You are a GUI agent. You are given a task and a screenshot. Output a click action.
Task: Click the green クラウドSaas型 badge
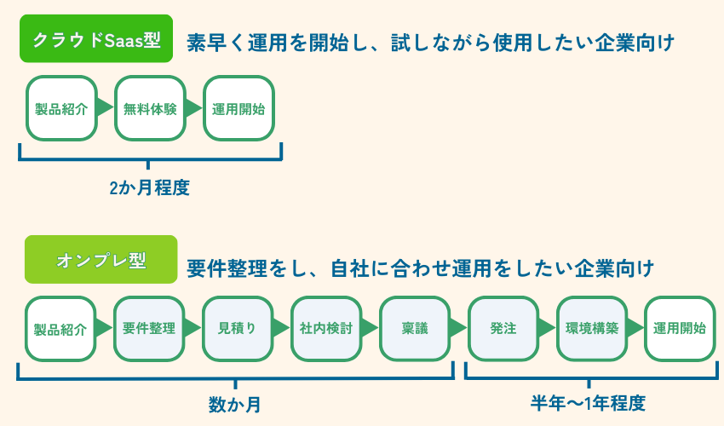click(96, 40)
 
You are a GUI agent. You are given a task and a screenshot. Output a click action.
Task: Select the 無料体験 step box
click(150, 108)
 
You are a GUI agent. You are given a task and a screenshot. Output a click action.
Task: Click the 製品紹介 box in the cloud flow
click(61, 108)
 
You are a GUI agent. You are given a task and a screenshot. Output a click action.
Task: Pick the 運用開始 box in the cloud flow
click(238, 108)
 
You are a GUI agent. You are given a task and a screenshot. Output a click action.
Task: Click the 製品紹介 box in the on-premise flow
click(60, 328)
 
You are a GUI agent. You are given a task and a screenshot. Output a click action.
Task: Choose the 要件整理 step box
click(149, 328)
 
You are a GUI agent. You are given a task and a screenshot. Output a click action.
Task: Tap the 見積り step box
click(238, 328)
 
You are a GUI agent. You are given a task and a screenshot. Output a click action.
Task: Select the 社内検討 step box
click(326, 328)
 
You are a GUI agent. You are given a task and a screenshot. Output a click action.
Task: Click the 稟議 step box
click(415, 328)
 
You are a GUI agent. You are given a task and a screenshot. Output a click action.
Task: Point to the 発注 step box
click(503, 328)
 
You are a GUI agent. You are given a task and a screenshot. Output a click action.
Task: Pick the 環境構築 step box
click(592, 328)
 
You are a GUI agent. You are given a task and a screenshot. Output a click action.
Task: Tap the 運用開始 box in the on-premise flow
click(679, 328)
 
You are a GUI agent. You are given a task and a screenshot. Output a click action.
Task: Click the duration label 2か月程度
click(149, 188)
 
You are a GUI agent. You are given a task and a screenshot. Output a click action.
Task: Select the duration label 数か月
click(235, 405)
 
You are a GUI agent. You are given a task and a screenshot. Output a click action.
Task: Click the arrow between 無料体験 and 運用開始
click(194, 108)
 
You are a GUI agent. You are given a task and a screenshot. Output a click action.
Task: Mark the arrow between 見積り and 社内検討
click(282, 328)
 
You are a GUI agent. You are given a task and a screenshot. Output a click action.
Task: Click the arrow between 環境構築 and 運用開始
click(635, 328)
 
